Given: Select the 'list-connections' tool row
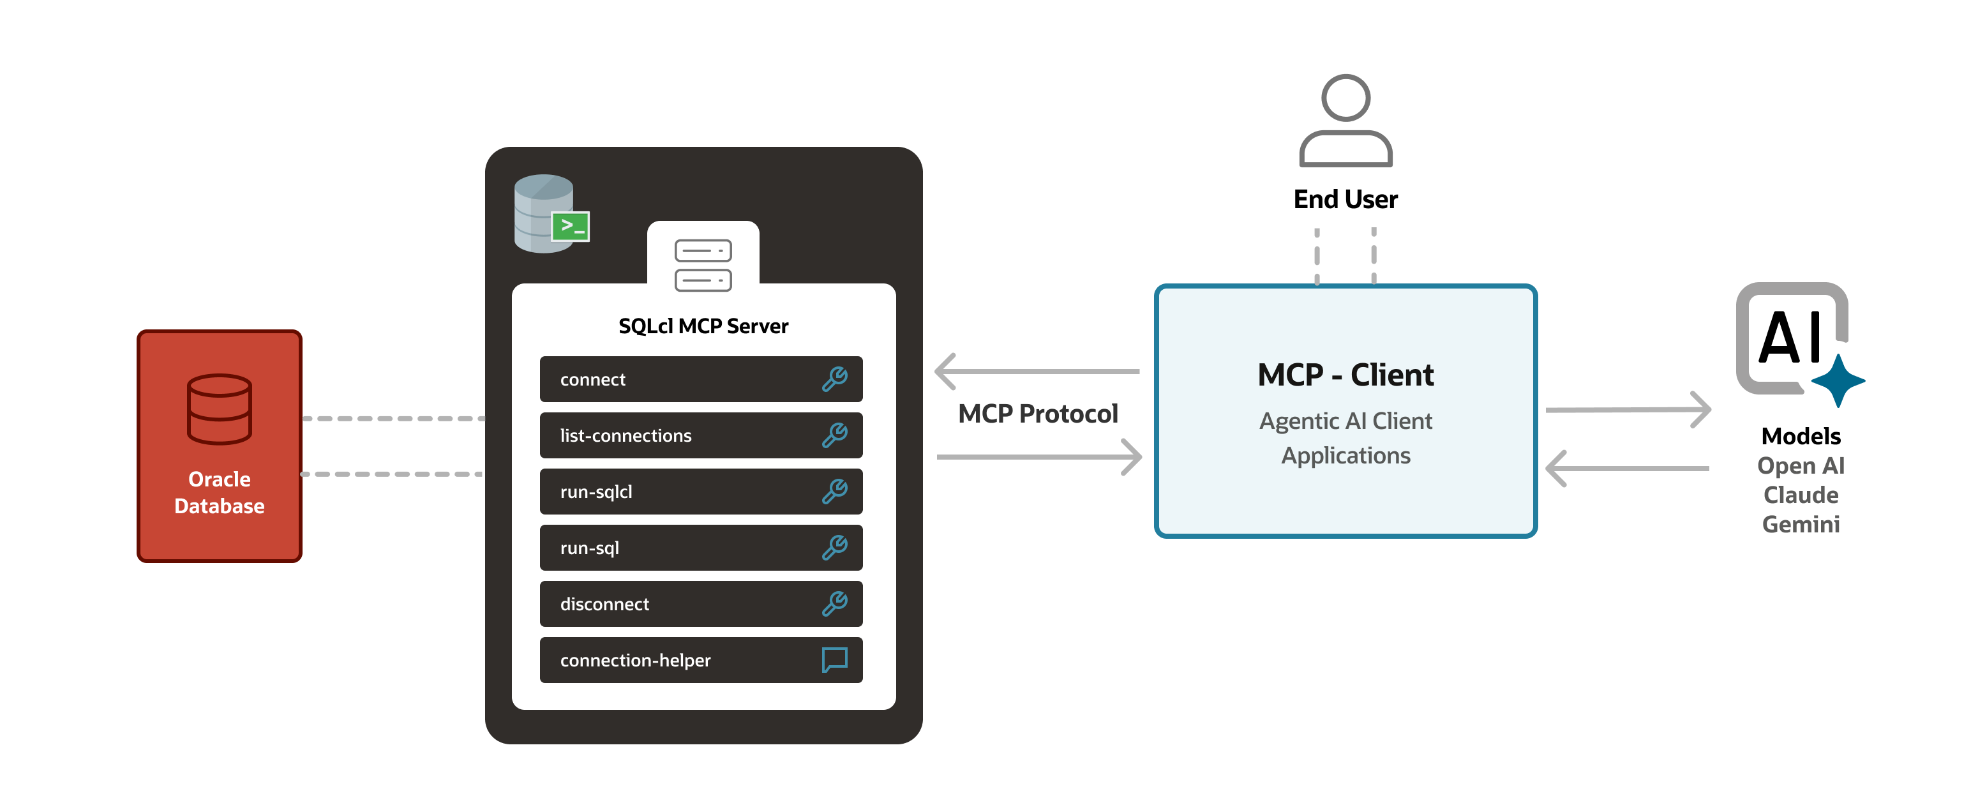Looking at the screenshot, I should coord(700,435).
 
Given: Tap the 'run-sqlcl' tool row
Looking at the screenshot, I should coord(700,492).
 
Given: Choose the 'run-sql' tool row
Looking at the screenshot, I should coord(700,548).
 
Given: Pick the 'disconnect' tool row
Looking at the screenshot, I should coord(700,604).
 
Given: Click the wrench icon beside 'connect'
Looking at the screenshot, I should coord(834,379).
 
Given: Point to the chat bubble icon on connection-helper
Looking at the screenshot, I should coord(834,659).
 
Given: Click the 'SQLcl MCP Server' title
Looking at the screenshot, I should coord(703,326).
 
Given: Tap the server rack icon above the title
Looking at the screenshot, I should coord(703,265).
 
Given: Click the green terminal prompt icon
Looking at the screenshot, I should coord(571,226).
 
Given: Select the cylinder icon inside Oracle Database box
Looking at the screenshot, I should coord(220,409).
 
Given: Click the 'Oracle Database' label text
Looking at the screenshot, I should coord(220,492).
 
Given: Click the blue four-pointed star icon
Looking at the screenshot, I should coord(1838,380).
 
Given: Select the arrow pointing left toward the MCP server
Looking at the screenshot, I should coord(1037,371).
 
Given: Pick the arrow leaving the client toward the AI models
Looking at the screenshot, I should coord(1628,410).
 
